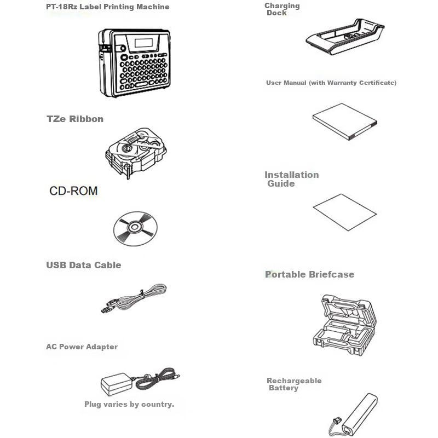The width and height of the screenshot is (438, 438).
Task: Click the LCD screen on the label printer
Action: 143,43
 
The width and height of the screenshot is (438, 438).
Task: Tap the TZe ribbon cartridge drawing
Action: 136,153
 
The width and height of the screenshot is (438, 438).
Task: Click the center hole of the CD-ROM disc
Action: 135,227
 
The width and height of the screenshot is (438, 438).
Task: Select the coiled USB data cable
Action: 134,298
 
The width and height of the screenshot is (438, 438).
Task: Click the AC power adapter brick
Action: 116,384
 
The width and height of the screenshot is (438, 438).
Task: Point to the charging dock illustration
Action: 345,36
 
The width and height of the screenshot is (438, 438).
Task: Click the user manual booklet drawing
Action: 345,122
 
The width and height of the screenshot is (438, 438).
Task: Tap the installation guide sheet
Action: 345,212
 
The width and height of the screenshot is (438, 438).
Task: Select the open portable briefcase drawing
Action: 345,325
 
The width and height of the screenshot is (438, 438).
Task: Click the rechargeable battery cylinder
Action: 360,414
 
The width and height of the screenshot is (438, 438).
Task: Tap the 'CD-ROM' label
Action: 73,191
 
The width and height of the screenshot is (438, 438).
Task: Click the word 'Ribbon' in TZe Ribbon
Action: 87,119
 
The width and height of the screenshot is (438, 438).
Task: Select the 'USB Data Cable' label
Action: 84,265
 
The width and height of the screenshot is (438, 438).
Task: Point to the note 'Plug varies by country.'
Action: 129,404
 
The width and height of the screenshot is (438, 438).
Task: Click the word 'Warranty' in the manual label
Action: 342,83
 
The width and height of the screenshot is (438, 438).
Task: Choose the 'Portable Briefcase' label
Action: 309,274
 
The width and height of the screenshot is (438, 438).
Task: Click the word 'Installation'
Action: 292,175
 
